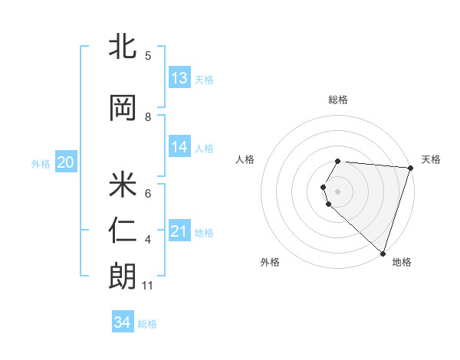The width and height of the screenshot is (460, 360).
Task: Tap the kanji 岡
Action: (123, 108)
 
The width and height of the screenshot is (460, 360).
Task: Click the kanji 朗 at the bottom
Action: (123, 277)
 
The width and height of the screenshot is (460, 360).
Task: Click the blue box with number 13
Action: (179, 78)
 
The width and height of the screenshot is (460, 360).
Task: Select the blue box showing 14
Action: (179, 147)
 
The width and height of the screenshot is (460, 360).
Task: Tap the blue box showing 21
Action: (179, 231)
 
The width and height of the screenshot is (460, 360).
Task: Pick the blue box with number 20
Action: (66, 162)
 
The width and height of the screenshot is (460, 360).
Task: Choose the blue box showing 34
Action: (123, 322)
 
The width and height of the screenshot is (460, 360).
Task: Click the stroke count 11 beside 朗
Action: (148, 286)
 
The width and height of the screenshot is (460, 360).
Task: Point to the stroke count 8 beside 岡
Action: (148, 117)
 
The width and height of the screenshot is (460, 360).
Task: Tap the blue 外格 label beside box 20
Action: (41, 163)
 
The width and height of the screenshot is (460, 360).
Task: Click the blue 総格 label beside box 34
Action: (147, 324)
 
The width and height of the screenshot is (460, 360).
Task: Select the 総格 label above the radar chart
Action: (337, 100)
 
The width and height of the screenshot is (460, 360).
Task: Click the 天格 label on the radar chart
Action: (431, 159)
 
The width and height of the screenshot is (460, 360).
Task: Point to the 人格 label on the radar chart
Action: (245, 159)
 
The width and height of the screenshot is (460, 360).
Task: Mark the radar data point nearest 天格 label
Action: (410, 168)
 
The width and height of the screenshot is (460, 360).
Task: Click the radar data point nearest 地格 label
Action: (383, 253)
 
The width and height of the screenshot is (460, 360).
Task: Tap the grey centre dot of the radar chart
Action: (338, 191)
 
